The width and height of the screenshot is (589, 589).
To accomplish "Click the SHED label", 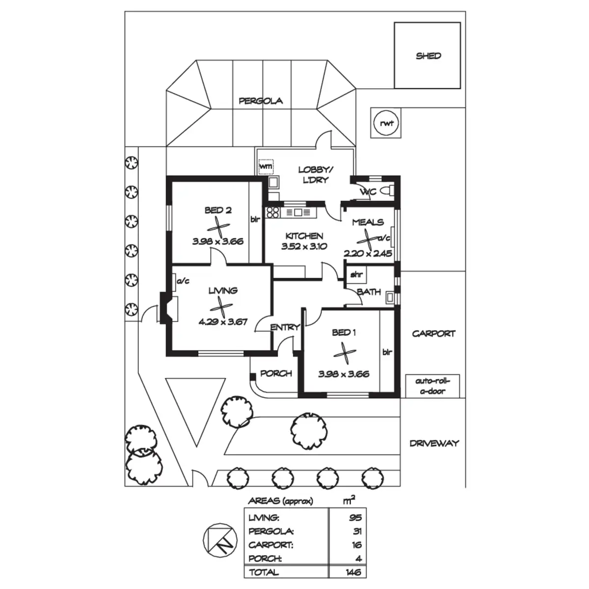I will coord(428,56).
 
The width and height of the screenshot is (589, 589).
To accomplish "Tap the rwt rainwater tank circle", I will coord(387,123).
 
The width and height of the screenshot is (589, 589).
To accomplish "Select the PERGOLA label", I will coord(261,101).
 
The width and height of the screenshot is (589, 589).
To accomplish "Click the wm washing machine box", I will coord(266,167).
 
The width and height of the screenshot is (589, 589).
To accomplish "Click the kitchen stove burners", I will coord(272,213).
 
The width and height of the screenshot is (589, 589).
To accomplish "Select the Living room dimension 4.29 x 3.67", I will coord(223,322).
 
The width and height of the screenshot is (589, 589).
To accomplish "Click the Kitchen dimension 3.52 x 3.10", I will coord(304,247).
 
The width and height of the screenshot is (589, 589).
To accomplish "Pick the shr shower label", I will coord(356,275).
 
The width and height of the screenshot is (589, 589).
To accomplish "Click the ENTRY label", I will coord(285,327).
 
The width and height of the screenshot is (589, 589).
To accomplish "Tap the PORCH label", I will coord(276,374).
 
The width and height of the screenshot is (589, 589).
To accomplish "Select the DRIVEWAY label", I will coord(434,443).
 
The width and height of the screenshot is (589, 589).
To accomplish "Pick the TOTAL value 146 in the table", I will coord(353,572).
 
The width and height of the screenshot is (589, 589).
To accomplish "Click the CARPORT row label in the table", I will coord(271,545).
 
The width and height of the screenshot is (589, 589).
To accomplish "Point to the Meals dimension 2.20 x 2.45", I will coord(368,254).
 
